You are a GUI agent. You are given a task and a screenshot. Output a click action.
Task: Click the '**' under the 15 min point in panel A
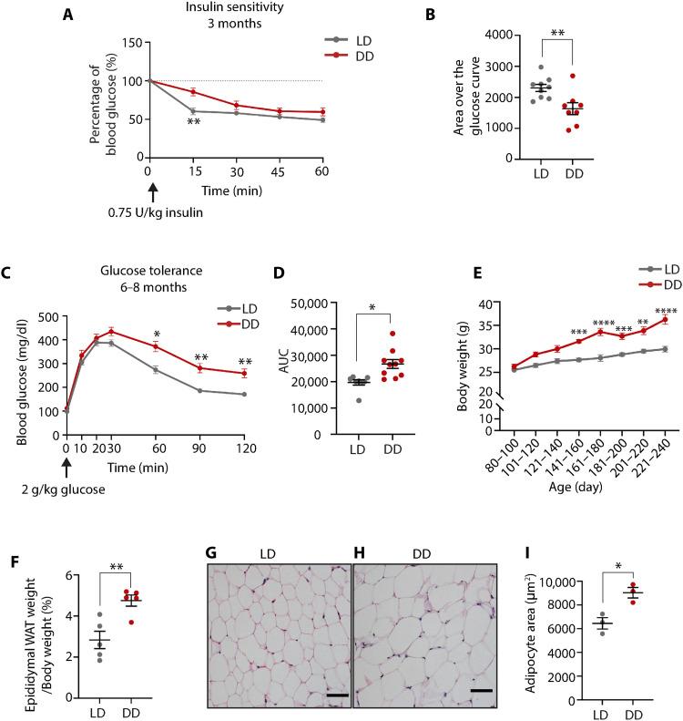[x=193, y=122]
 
